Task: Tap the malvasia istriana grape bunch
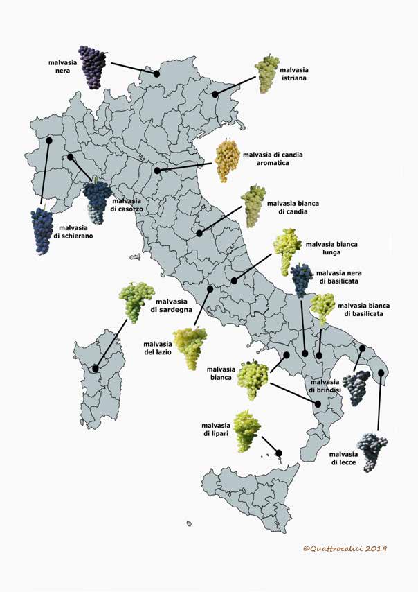(x=266, y=73)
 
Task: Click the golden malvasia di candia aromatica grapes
(x=227, y=160)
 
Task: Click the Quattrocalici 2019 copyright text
(x=344, y=548)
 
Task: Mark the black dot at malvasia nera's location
(x=157, y=73)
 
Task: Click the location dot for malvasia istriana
(x=215, y=94)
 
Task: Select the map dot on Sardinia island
(x=95, y=368)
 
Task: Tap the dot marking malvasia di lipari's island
(x=279, y=453)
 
